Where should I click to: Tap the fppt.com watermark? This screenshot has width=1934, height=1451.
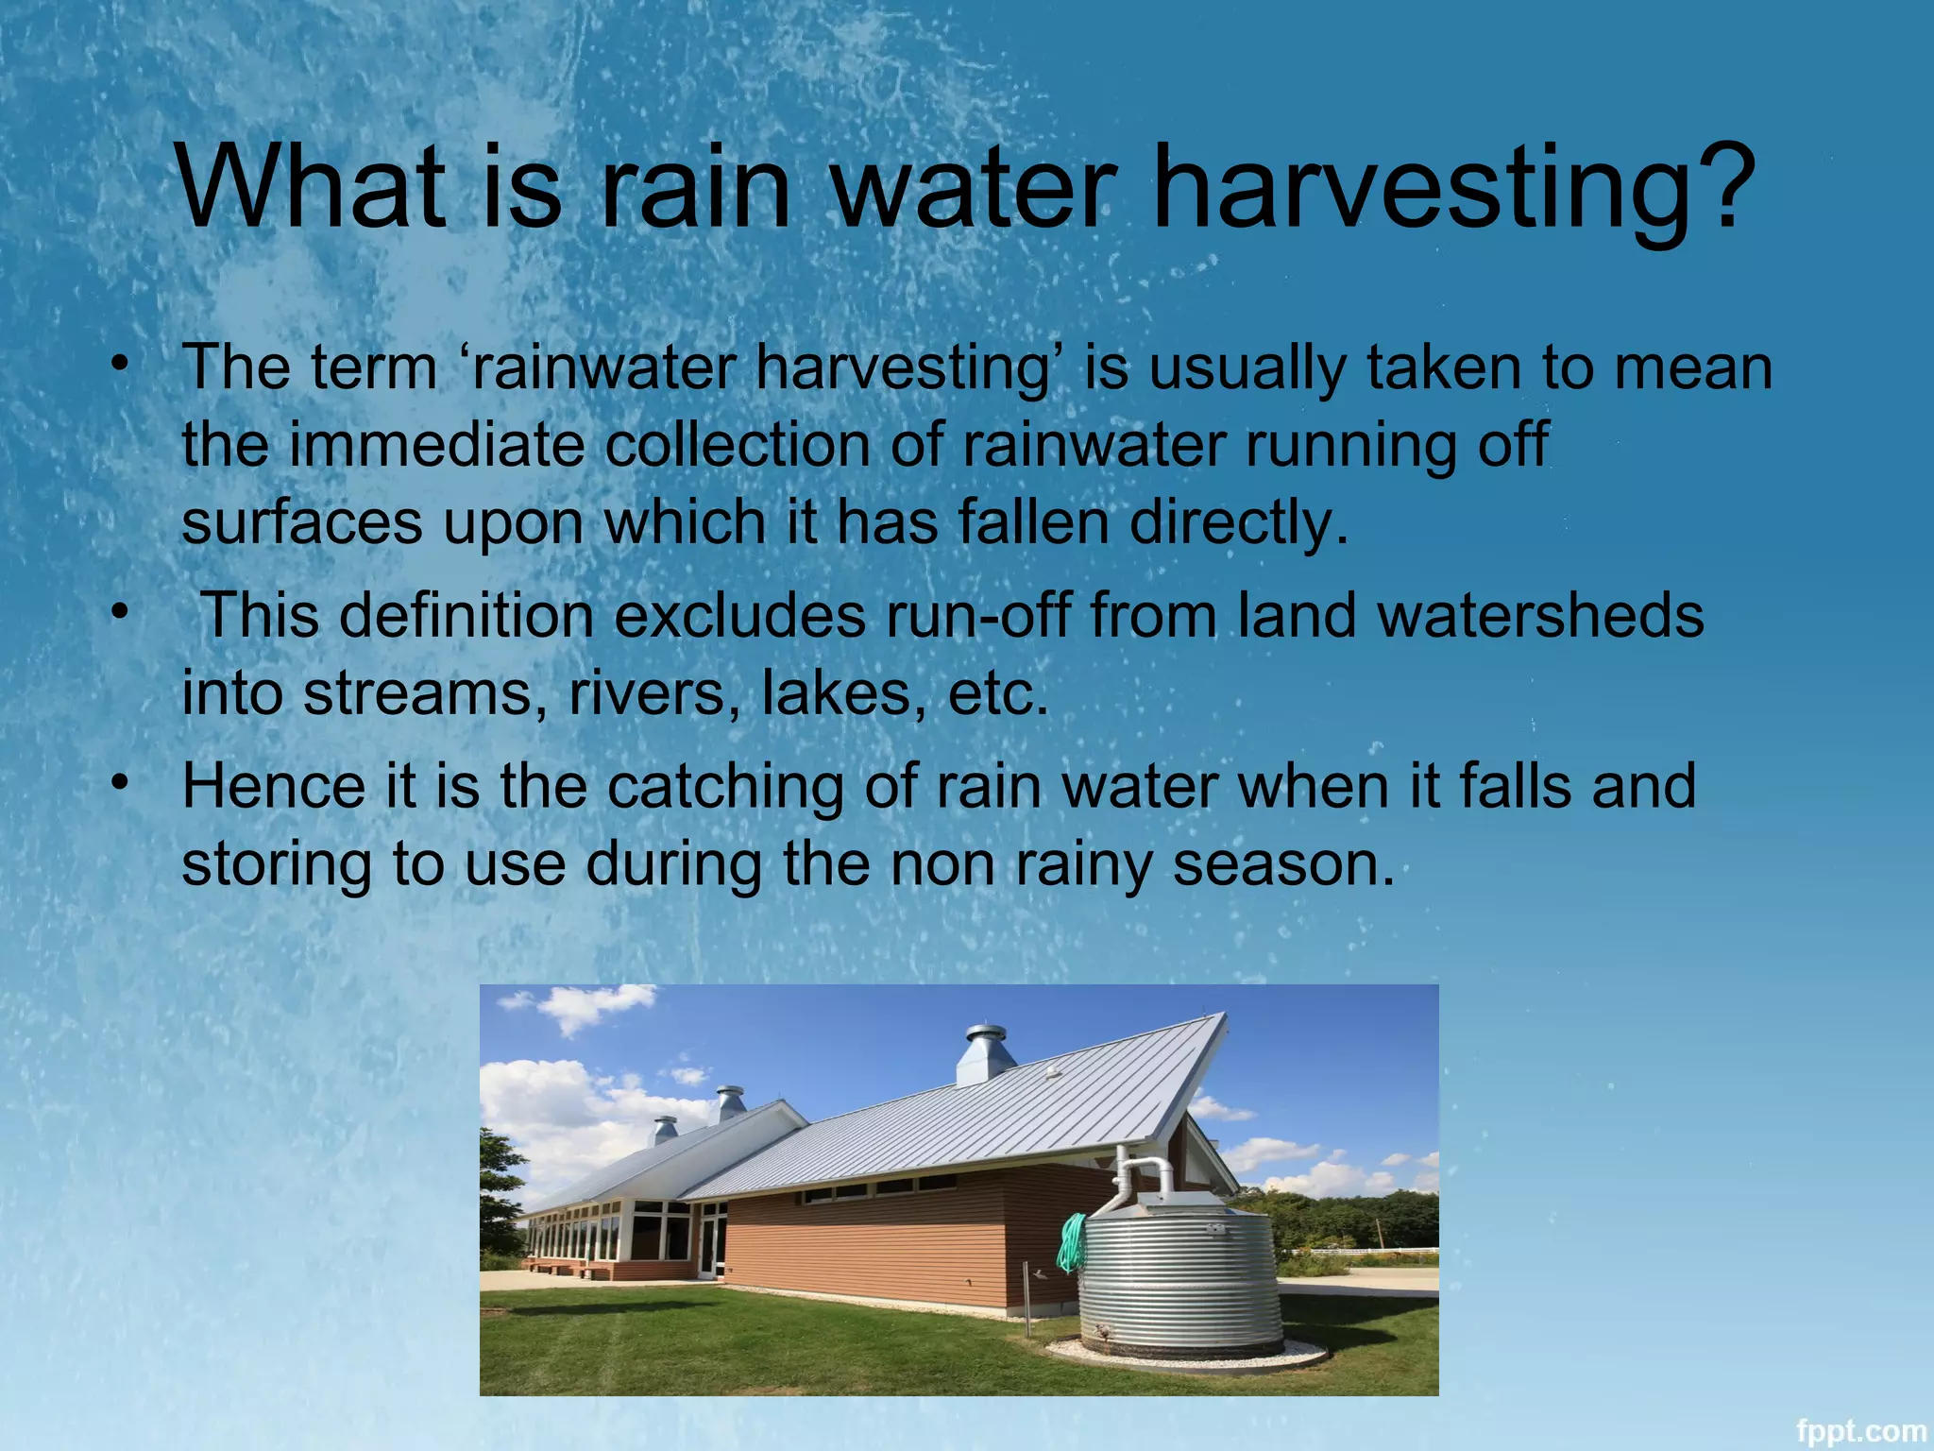(1860, 1430)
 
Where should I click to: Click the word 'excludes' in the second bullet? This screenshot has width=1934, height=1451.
(739, 616)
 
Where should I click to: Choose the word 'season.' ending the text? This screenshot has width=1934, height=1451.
(1283, 864)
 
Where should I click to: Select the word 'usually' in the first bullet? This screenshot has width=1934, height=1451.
(1247, 368)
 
